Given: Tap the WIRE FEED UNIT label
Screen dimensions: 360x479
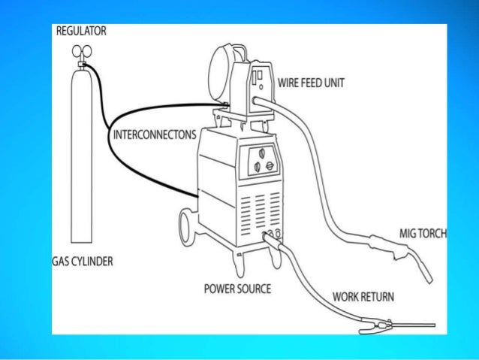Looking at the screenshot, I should [x=311, y=83].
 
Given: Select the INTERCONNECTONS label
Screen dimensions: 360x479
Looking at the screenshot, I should [x=153, y=135].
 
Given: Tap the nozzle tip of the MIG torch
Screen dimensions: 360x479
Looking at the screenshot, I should [x=426, y=276].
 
